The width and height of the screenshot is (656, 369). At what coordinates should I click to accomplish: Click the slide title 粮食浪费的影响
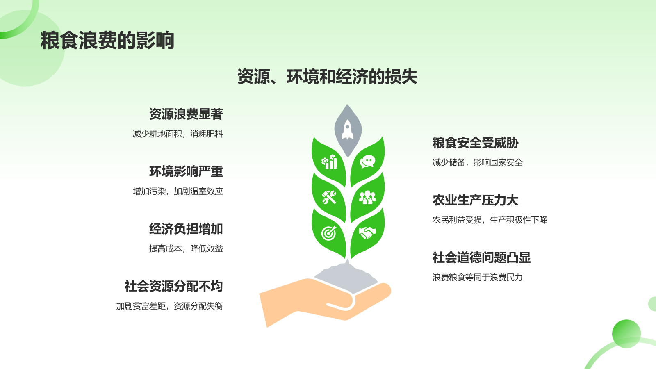[x=107, y=41]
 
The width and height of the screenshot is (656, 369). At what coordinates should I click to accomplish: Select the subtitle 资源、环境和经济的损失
[x=327, y=77]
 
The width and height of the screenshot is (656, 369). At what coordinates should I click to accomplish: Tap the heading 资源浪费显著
[x=186, y=114]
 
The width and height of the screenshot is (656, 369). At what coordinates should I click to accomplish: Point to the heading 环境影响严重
[x=186, y=171]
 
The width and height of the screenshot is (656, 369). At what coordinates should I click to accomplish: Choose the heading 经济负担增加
[x=186, y=229]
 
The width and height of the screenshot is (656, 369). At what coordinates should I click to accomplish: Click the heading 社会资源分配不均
[x=173, y=286]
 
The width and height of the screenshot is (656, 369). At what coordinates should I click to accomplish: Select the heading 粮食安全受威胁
[x=475, y=143]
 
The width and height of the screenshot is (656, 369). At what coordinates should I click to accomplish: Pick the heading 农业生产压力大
[x=475, y=200]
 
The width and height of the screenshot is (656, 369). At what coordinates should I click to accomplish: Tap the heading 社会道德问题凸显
[x=481, y=257]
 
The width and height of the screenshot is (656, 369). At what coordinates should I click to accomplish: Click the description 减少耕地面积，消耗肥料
[x=178, y=134]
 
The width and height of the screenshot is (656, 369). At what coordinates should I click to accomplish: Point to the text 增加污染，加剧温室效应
[x=178, y=191]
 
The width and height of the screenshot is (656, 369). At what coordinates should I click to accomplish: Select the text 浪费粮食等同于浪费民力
[x=477, y=278]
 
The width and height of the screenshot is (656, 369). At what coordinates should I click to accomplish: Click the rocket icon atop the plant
[x=348, y=130]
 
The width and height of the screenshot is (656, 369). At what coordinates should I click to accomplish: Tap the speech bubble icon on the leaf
[x=367, y=162]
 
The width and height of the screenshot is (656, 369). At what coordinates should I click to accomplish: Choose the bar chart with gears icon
[x=329, y=162]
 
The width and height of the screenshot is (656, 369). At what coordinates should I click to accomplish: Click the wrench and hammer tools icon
[x=329, y=197]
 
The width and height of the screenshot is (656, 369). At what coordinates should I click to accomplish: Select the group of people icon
[x=367, y=197]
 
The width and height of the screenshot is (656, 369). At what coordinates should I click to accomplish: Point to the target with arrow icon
[x=329, y=233]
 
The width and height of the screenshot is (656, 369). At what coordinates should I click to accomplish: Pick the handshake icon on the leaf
[x=367, y=232]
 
